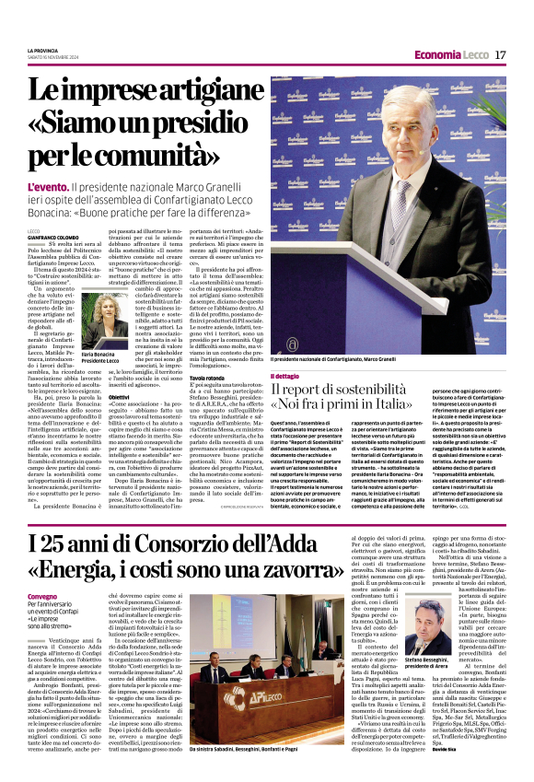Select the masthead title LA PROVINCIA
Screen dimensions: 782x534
coord(44,50)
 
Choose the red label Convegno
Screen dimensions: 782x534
coord(41,597)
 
